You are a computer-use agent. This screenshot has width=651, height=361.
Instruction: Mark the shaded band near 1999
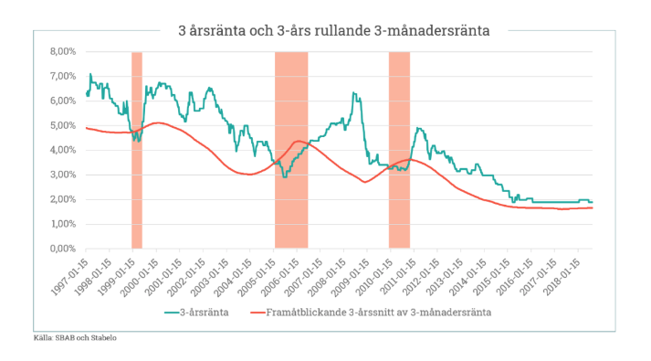pos(137,150)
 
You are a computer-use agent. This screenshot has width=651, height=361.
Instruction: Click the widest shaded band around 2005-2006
pos(291,150)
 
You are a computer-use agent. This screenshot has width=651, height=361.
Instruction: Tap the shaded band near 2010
pos(399,150)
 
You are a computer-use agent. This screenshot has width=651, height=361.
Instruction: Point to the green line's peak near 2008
pos(354,93)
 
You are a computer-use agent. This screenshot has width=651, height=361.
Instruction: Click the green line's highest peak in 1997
pos(89,74)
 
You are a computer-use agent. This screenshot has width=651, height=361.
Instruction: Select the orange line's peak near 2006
pos(298,141)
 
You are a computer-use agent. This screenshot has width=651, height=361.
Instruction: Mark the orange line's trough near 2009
pos(364,182)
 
